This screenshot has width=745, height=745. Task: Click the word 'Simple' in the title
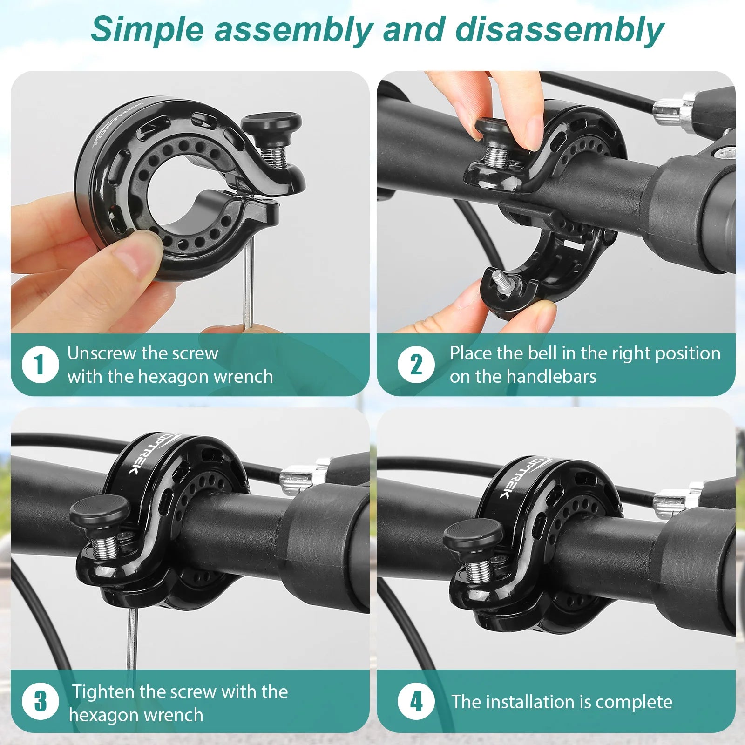(147, 29)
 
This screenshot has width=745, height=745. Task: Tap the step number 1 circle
(40, 365)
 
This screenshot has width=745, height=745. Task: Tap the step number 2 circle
(416, 365)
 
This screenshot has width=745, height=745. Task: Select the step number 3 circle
(40, 701)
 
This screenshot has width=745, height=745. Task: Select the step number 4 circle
(416, 701)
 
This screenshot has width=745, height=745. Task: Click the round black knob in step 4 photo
(473, 532)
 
